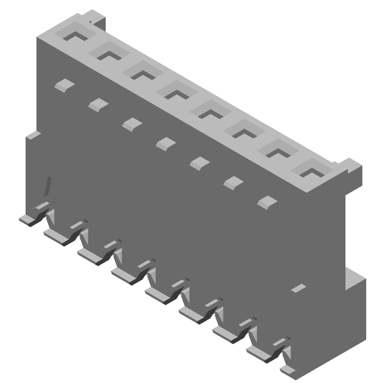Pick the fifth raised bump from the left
pos(198,163)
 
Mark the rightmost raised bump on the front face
pos(266,202)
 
